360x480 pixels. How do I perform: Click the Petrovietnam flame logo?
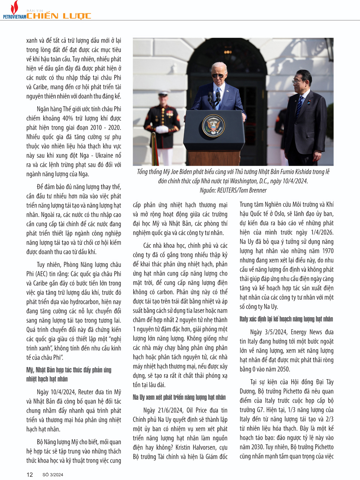click(x=14, y=8)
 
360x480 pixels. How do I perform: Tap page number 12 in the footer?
click(x=30, y=475)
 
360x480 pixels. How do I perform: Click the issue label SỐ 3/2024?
click(x=53, y=475)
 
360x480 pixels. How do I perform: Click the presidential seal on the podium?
click(x=213, y=126)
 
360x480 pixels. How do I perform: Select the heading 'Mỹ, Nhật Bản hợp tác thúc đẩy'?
click(x=69, y=370)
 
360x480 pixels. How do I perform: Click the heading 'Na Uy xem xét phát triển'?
click(x=179, y=397)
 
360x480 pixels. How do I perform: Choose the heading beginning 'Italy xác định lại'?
click(x=286, y=319)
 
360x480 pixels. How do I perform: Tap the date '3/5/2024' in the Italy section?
click(x=276, y=332)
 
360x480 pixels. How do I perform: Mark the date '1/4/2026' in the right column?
click(x=321, y=232)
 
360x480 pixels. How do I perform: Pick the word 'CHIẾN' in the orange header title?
click(x=42, y=16)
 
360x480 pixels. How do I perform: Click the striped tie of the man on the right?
click(x=299, y=104)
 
